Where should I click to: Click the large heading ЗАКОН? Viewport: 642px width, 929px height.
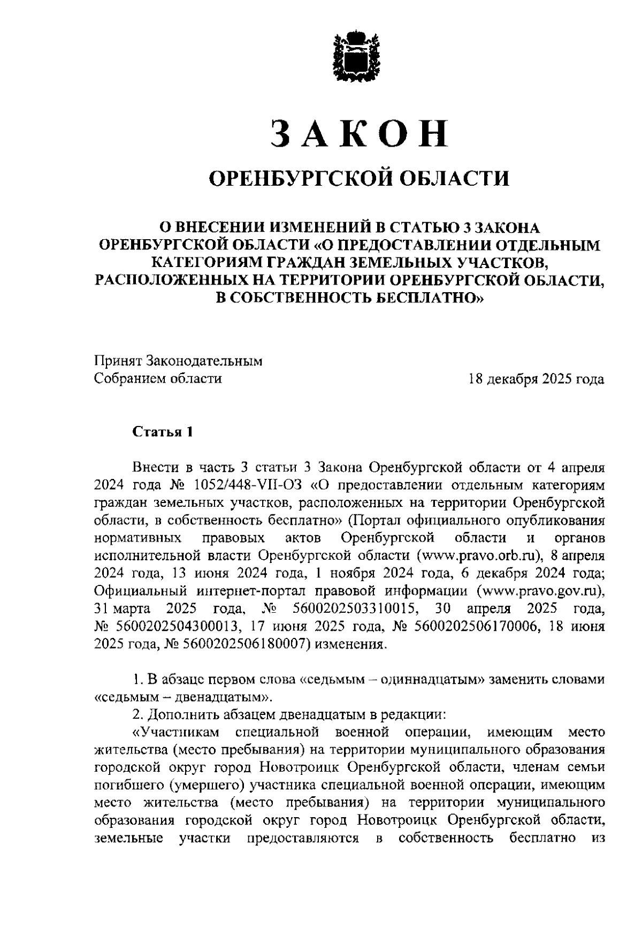point(358,134)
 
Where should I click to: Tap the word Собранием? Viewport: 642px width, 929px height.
point(128,379)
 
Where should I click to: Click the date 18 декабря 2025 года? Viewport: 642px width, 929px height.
point(536,379)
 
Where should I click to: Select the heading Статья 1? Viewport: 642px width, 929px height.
point(162,432)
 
